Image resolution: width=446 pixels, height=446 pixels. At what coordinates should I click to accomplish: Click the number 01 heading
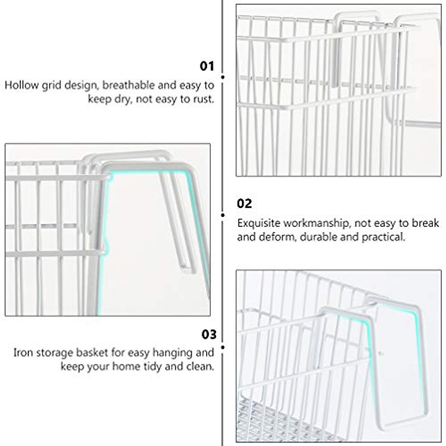[207, 66]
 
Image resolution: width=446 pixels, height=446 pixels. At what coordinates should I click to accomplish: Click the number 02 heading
[245, 204]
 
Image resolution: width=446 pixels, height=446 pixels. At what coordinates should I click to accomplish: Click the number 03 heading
[209, 334]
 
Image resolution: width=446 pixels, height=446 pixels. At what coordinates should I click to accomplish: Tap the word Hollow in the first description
[22, 85]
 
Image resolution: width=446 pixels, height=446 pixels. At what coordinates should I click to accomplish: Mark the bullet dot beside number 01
[223, 77]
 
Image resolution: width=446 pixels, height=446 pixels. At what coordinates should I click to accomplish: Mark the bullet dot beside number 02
[223, 215]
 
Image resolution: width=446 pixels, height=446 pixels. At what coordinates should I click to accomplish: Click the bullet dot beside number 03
[223, 348]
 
